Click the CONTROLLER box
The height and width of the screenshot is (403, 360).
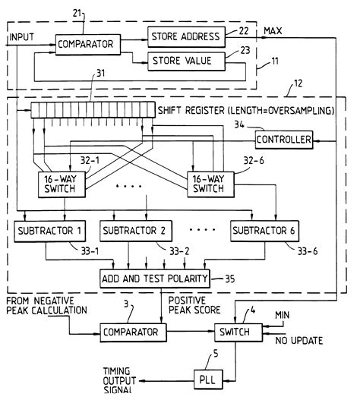point(283,140)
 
